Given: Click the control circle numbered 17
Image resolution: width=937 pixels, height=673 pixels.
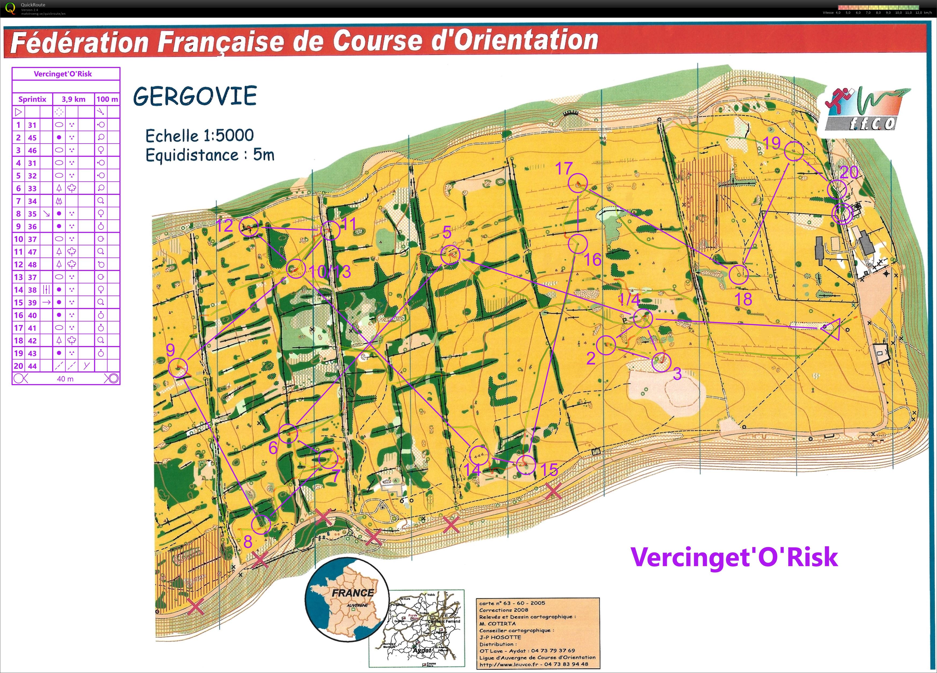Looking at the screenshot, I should (578, 183).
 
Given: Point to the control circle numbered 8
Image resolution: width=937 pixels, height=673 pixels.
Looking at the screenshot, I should (261, 524).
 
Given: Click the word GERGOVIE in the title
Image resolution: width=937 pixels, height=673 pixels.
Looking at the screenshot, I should (195, 96).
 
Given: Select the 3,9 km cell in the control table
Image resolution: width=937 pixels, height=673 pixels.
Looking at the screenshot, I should (74, 99).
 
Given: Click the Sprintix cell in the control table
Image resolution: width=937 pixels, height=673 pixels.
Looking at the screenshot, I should (32, 99).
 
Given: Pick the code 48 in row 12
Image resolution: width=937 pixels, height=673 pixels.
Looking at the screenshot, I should (32, 265).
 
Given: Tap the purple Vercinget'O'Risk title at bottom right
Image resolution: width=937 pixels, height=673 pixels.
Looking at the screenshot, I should (734, 557).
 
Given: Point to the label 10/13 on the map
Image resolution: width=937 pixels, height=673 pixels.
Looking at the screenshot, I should (330, 272).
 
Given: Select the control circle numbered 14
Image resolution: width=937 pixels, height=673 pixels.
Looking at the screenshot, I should (479, 455).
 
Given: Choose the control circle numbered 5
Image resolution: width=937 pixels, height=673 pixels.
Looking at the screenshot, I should (451, 255).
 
